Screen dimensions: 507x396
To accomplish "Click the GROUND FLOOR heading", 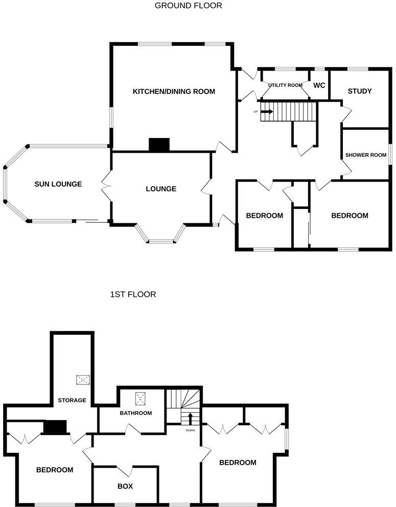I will click(188, 6).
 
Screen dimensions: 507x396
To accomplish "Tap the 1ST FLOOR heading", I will click(133, 294).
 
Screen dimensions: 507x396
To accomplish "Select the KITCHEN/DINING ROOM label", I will click(174, 91).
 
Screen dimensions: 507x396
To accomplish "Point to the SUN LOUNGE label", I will click(58, 184).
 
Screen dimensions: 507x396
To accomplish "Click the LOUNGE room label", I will click(161, 189).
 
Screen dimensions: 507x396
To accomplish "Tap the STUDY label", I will click(359, 91).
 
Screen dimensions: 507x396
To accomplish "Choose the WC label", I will click(319, 85).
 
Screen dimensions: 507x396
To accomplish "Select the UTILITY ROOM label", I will click(286, 85).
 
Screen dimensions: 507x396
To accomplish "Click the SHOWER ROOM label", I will click(365, 155).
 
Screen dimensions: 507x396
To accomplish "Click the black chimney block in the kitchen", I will click(159, 145).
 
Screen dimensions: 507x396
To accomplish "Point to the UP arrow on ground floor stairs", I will click(267, 111).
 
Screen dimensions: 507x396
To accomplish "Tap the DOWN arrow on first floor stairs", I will click(190, 419).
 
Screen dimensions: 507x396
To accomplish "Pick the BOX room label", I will click(125, 486).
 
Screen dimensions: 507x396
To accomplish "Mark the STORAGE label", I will click(72, 400).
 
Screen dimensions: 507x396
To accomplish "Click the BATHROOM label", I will click(136, 413).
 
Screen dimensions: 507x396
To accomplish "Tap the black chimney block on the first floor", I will click(56, 427).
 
